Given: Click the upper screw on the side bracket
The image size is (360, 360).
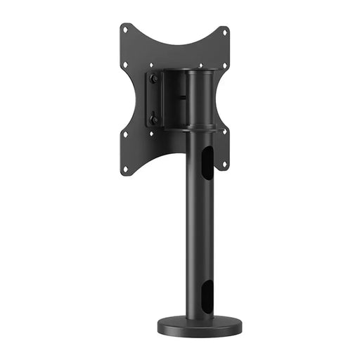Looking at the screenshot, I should tap(154, 79).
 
